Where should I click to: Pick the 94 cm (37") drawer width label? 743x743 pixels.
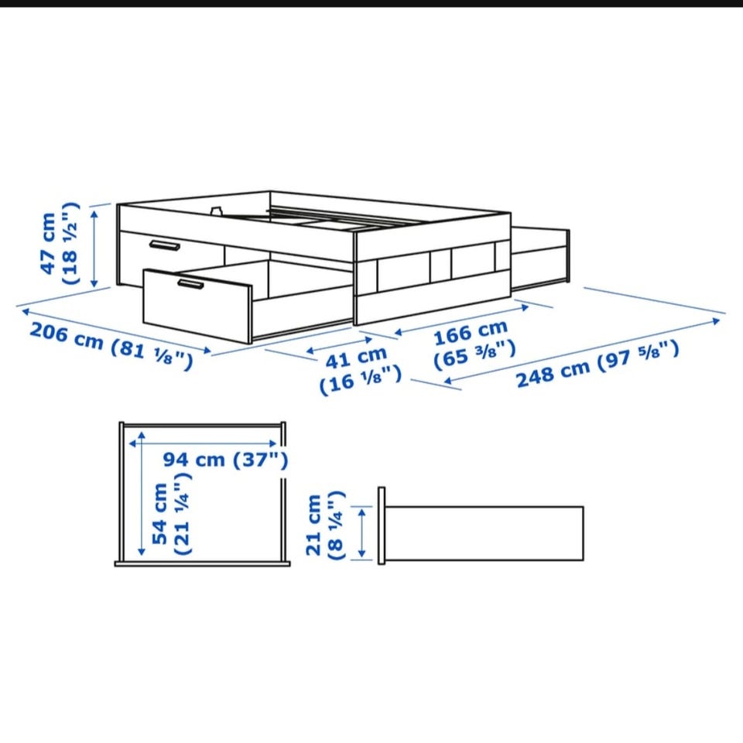pyautogui.click(x=225, y=459)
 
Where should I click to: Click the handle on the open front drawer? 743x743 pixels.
pyautogui.click(x=191, y=284)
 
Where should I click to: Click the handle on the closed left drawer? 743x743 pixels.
pyautogui.click(x=164, y=245)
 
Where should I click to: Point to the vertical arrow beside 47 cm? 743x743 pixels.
pyautogui.click(x=94, y=248)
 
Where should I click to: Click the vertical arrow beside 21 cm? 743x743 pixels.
pyautogui.click(x=362, y=532)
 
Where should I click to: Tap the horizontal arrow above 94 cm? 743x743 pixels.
pyautogui.click(x=203, y=443)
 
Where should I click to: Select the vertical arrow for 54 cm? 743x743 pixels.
pyautogui.click(x=141, y=493)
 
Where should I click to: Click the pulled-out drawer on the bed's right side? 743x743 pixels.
pyautogui.click(x=540, y=259)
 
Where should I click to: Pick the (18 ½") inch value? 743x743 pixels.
pyautogui.click(x=71, y=244)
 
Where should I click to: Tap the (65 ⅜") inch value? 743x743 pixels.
pyautogui.click(x=474, y=354)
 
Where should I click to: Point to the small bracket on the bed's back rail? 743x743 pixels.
pyautogui.click(x=217, y=210)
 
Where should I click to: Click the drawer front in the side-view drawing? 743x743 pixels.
pyautogui.click(x=382, y=526)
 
